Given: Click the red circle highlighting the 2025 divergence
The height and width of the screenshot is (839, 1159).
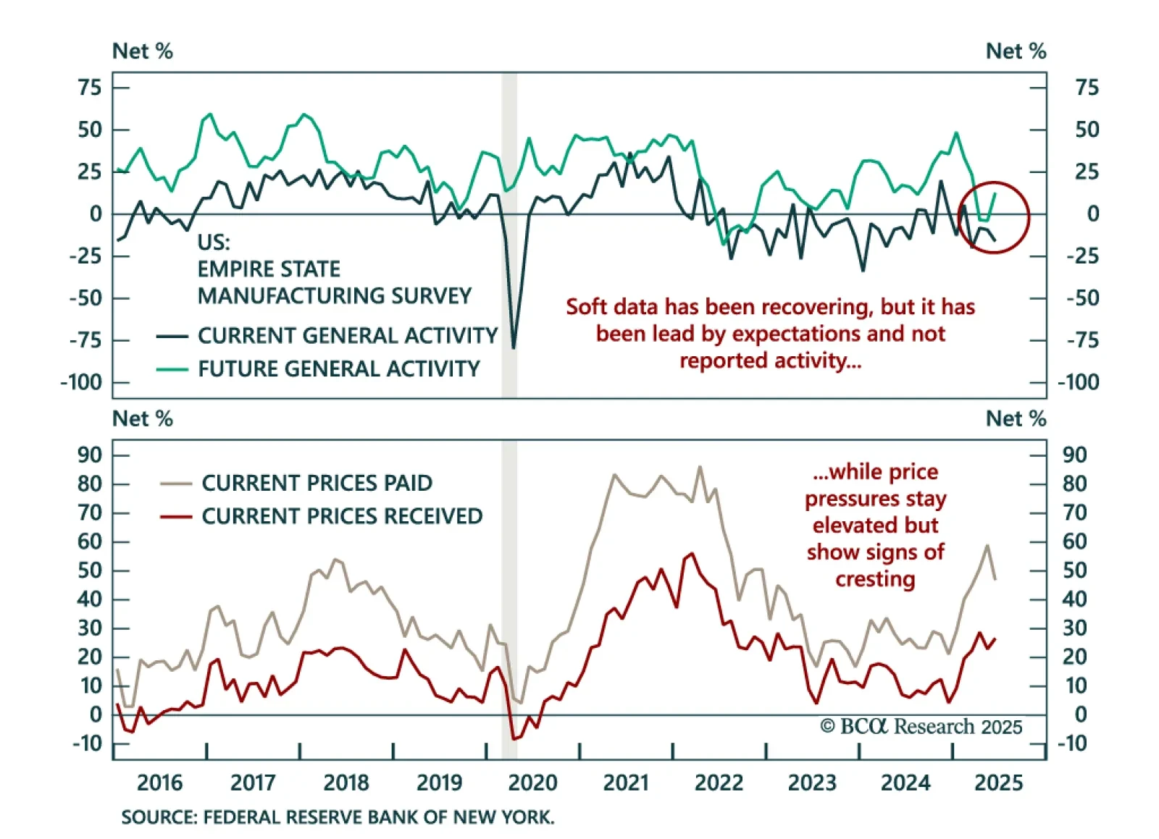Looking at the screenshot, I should [x=994, y=216].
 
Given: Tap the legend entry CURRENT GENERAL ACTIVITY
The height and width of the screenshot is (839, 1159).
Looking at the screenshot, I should [x=347, y=336].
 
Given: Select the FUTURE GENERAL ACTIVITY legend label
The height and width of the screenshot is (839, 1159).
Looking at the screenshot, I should [x=338, y=369].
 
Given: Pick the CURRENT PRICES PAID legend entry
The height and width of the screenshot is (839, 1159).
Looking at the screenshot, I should [x=317, y=483].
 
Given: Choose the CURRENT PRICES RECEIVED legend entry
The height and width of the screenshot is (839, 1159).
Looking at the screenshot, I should [x=341, y=516].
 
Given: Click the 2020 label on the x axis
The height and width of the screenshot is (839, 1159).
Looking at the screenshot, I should [x=532, y=783].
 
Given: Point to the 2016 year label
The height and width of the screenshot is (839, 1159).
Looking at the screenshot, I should [x=160, y=783].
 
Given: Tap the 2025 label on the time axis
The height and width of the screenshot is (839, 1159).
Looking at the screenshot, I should [x=998, y=783].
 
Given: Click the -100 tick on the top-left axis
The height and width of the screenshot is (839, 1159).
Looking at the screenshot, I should [x=81, y=382].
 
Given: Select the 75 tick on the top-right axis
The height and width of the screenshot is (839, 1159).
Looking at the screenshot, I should [x=1087, y=88].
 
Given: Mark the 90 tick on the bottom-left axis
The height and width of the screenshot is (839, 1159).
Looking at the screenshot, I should [x=90, y=455].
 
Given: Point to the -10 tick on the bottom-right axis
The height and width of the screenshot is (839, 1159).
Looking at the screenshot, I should [x=1073, y=743].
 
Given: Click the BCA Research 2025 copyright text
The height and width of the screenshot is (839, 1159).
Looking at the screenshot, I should [x=921, y=726].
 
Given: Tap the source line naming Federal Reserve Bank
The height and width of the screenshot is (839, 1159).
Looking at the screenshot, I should [x=338, y=817].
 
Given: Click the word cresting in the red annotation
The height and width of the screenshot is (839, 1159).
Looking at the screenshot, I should [x=875, y=579].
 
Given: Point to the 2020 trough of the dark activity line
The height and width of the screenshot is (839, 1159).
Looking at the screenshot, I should [x=514, y=348].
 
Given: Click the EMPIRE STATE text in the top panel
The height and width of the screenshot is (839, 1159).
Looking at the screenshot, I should [x=269, y=269].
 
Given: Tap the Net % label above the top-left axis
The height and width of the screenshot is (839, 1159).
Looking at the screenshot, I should [x=143, y=51].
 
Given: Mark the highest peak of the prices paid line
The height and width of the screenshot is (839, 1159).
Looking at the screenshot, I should [x=700, y=467].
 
